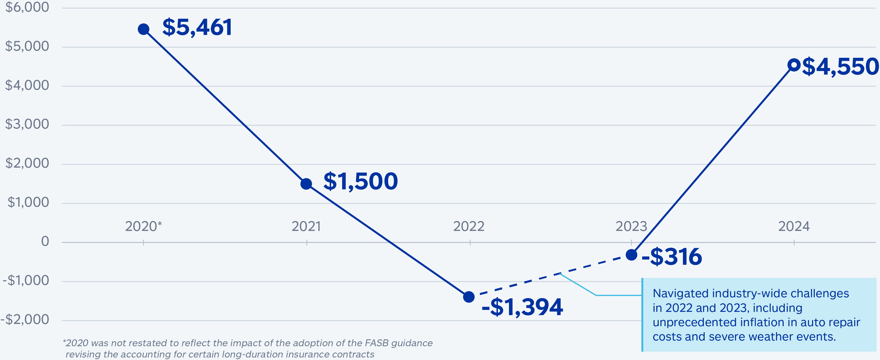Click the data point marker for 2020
click(143, 29)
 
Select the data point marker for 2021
click(306, 184)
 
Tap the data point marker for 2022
click(469, 297)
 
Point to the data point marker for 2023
click(631, 255)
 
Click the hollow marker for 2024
click(794, 65)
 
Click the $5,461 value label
click(197, 27)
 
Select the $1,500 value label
click(360, 181)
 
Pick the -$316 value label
click(672, 257)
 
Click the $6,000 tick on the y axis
click(27, 7)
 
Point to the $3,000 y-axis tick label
click(27, 124)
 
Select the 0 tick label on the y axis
click(45, 241)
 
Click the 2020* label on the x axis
click(143, 226)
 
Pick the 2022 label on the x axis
click(469, 226)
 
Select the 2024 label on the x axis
click(794, 226)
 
